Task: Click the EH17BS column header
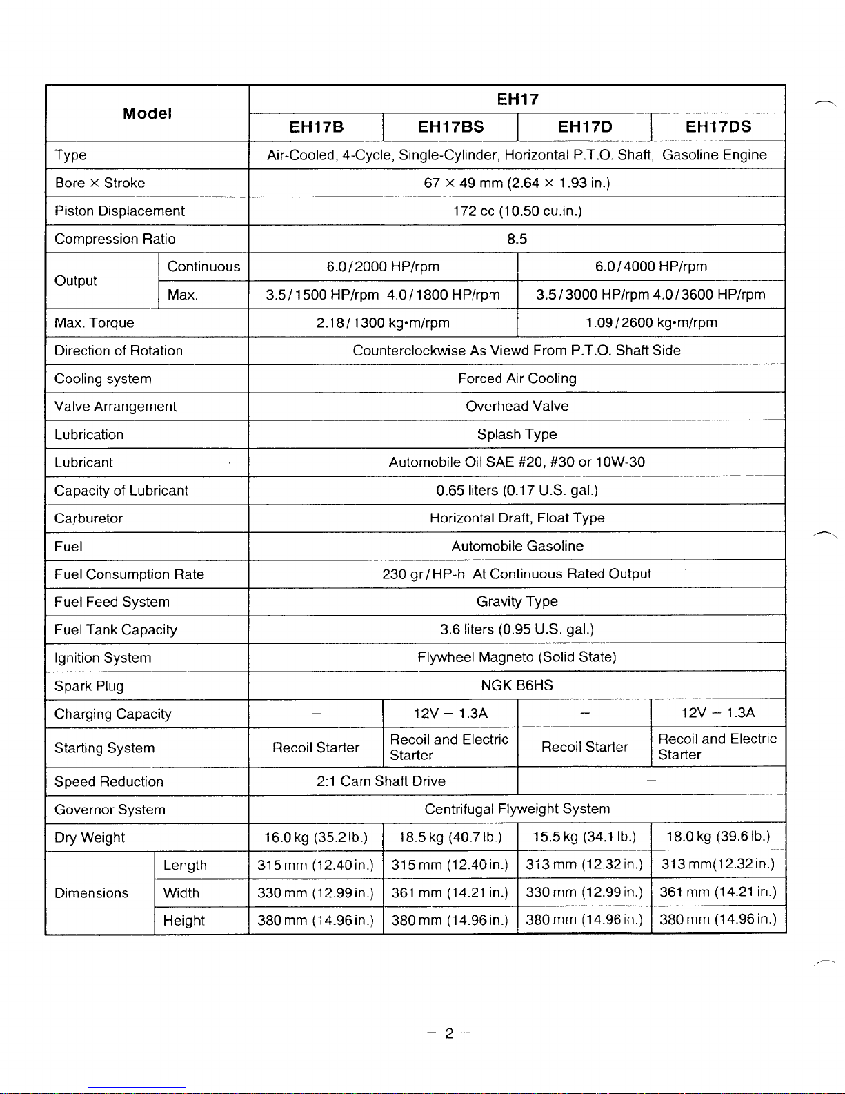(451, 127)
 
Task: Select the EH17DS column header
(718, 127)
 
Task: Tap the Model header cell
(147, 113)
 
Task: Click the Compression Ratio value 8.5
(517, 239)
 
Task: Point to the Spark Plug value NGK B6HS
(517, 685)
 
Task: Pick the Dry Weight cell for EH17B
(316, 837)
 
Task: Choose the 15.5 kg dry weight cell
(584, 837)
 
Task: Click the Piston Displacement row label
(119, 211)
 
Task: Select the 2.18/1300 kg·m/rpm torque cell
(383, 322)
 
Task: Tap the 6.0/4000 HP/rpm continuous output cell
(651, 266)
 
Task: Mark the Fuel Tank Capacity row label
(116, 629)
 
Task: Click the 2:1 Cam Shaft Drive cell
(381, 781)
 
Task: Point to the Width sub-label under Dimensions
(181, 892)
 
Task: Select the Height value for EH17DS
(718, 919)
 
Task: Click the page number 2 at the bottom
(448, 1033)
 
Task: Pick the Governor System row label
(110, 810)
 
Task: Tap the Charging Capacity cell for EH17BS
(450, 713)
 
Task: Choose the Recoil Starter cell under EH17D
(584, 747)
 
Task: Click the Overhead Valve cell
(517, 407)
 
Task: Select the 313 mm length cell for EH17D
(584, 864)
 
